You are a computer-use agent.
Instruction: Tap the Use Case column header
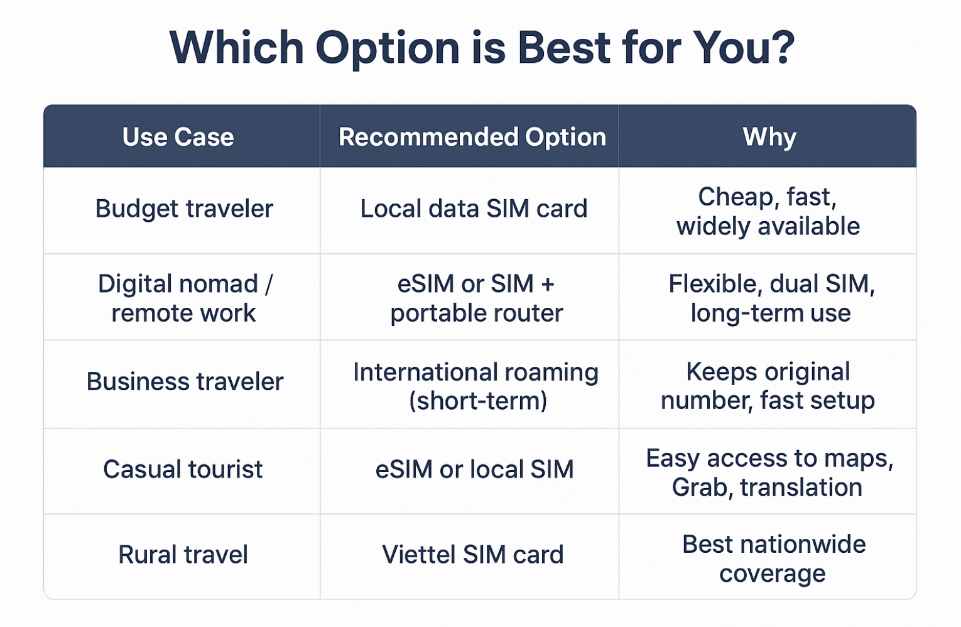click(x=178, y=137)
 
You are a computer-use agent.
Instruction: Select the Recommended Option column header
click(x=472, y=137)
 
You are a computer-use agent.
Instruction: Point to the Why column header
click(x=769, y=138)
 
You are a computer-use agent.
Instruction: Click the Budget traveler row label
click(x=184, y=209)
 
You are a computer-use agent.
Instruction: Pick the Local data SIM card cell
click(x=474, y=209)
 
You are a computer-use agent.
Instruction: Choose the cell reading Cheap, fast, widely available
click(x=768, y=211)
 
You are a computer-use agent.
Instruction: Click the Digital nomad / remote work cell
click(x=185, y=298)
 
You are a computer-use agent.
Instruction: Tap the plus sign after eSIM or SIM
click(x=548, y=284)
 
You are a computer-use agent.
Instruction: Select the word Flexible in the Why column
click(x=715, y=284)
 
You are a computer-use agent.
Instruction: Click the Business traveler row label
click(x=185, y=381)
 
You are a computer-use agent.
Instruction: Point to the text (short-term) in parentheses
click(x=478, y=401)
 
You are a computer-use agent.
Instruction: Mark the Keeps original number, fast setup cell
click(x=768, y=386)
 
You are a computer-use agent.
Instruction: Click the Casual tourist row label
click(x=183, y=469)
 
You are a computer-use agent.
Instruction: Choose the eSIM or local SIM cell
click(x=474, y=469)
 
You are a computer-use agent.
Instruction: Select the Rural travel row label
click(x=183, y=554)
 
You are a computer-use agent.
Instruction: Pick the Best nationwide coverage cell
click(x=774, y=559)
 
